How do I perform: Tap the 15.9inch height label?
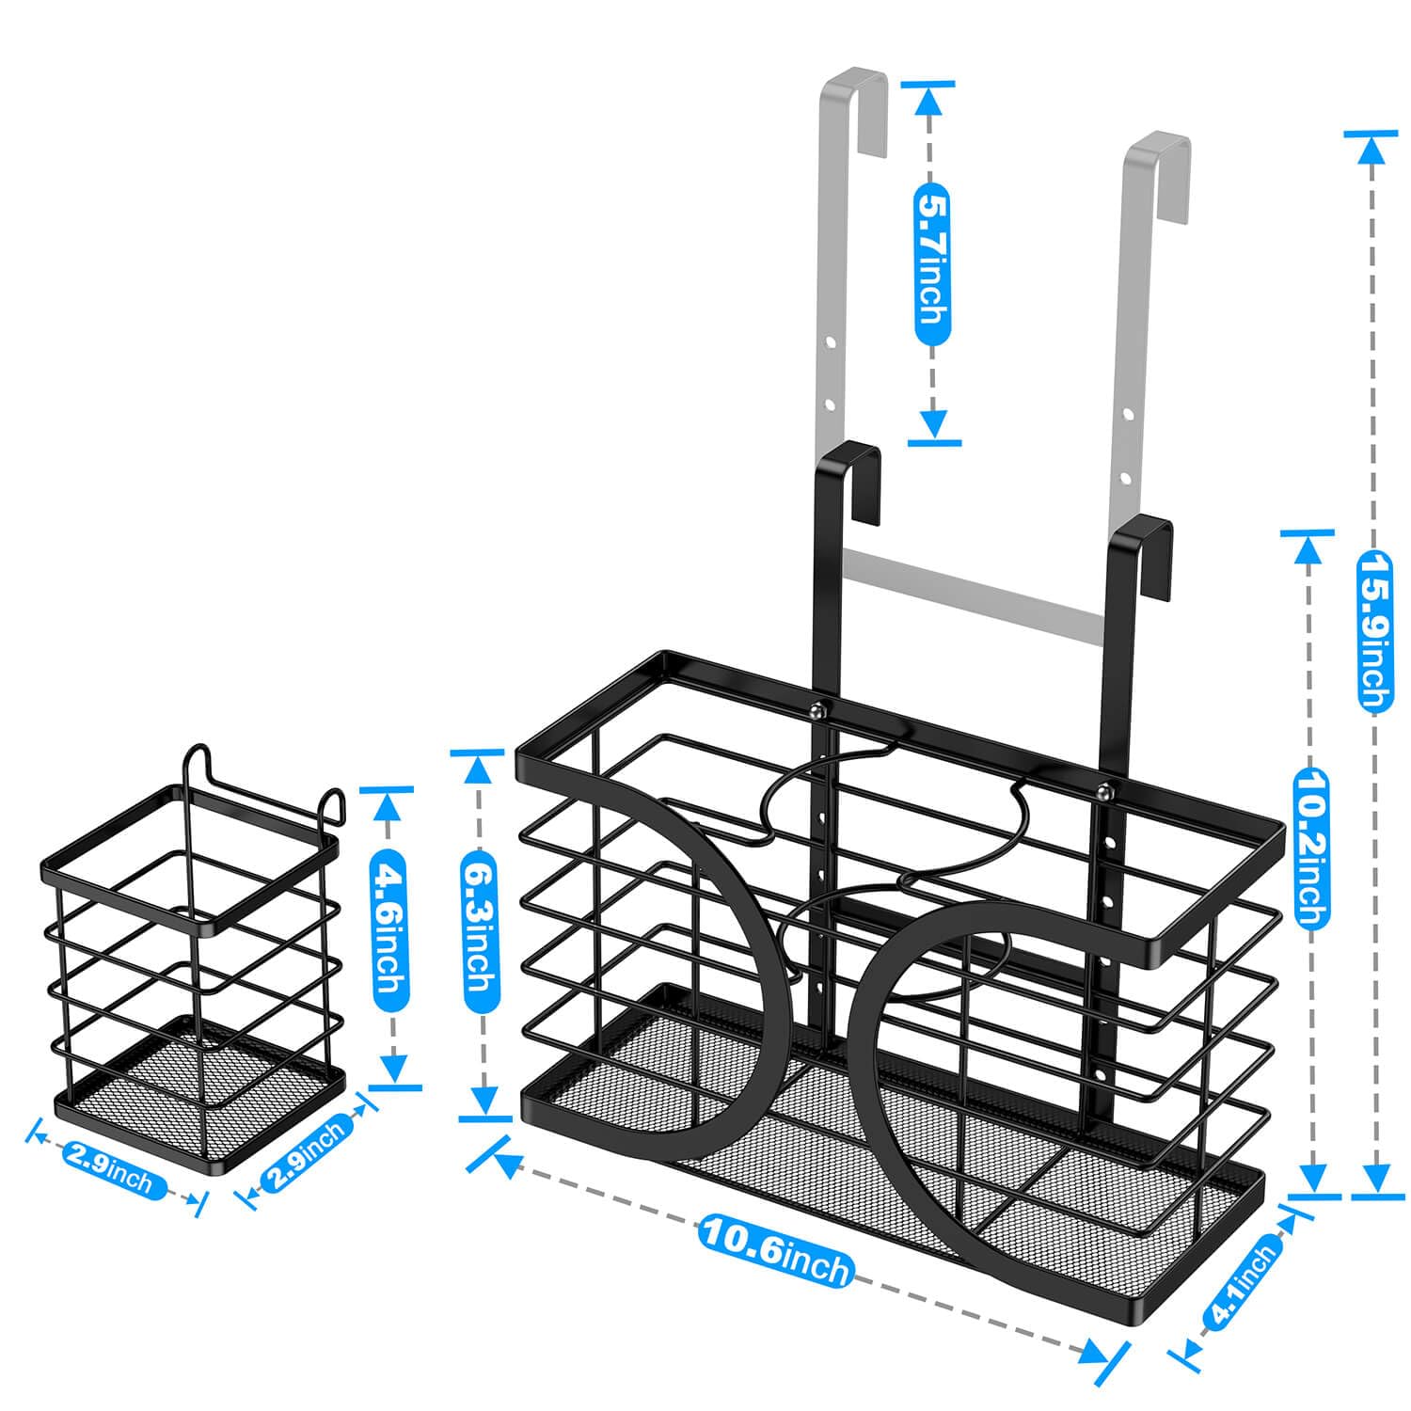click(x=1375, y=629)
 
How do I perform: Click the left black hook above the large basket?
click(x=849, y=480)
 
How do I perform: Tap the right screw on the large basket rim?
click(x=1102, y=790)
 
